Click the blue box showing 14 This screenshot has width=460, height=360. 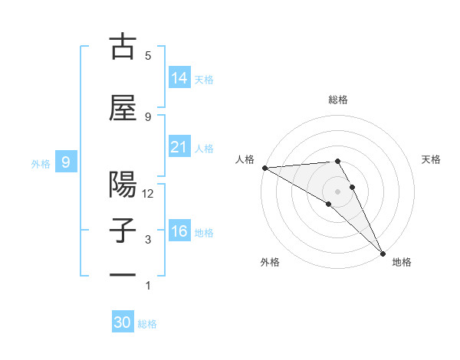coord(179,78)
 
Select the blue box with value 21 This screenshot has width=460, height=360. coord(179,147)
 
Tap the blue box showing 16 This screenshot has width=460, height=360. coord(179,231)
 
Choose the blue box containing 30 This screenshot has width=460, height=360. coord(123,322)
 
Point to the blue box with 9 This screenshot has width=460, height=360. coord(67,162)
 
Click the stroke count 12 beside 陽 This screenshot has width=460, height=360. coord(149,194)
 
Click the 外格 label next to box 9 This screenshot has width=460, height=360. coord(41,163)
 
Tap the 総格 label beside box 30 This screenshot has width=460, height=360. coord(147,324)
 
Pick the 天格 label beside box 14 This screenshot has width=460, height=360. coord(204,80)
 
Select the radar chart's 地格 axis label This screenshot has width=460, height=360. coord(402,263)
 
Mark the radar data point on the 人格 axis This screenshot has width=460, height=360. coord(264,168)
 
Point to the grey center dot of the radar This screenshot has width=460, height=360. coord(338,190)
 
